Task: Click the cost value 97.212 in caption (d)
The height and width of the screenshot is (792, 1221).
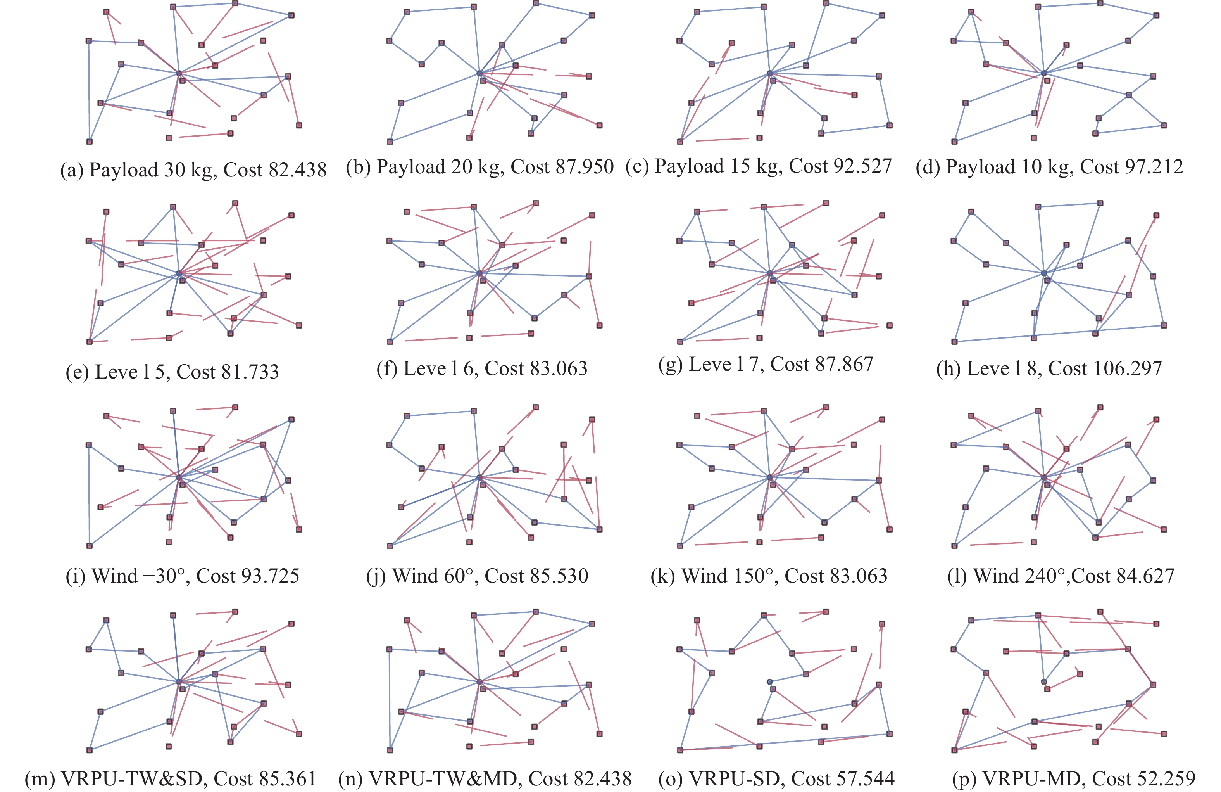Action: (x=1155, y=167)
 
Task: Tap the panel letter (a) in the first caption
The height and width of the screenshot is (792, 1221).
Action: (x=72, y=170)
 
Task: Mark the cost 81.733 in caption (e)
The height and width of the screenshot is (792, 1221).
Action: (x=250, y=372)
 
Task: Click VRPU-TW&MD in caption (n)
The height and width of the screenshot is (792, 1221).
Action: (x=443, y=779)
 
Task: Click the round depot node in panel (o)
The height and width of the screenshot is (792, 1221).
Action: (x=769, y=681)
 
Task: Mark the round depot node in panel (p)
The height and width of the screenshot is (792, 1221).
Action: (x=1043, y=681)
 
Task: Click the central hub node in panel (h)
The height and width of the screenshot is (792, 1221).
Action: (x=1043, y=273)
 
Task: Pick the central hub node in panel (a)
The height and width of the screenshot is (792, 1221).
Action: (x=179, y=73)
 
